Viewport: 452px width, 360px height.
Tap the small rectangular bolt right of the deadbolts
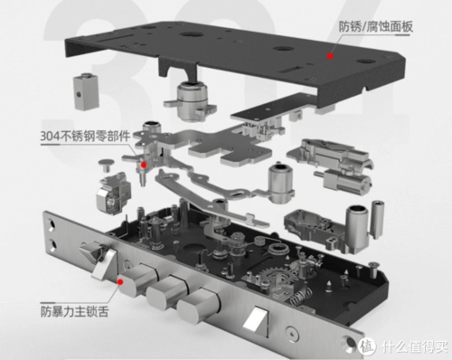click(255, 319)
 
